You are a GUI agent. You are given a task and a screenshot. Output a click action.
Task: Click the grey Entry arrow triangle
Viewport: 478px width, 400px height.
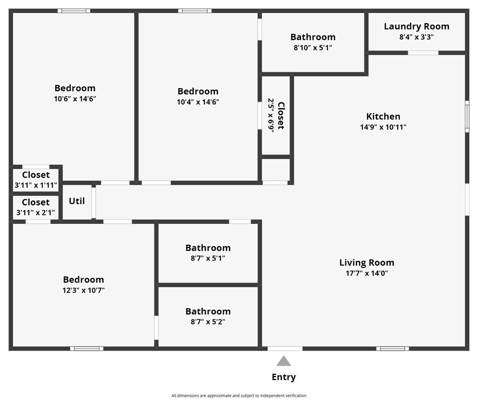283,361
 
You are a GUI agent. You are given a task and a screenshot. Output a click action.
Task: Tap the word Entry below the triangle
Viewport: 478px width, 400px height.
284,377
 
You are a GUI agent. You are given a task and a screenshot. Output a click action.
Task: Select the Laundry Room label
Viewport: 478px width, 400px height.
416,27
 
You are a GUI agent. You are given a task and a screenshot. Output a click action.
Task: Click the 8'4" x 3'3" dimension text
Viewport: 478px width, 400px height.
416,37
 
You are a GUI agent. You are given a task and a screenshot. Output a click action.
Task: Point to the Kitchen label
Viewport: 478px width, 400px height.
383,116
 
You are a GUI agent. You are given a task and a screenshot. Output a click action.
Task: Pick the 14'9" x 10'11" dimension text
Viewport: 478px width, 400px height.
383,127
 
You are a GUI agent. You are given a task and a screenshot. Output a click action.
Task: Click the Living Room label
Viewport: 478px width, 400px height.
367,262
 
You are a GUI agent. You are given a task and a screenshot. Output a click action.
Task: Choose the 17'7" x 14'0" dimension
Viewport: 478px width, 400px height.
367,273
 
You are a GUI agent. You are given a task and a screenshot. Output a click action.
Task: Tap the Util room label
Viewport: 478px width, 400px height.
77,201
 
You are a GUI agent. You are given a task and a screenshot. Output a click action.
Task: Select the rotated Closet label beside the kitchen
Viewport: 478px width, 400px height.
281,116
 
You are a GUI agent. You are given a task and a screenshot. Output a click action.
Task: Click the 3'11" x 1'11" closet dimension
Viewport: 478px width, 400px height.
36,185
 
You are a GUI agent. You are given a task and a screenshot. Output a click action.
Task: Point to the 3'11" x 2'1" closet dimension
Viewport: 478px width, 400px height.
35,213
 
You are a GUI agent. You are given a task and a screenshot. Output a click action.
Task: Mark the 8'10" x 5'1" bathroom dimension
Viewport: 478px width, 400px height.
313,48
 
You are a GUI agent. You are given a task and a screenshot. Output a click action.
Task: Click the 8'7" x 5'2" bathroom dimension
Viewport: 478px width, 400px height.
208,322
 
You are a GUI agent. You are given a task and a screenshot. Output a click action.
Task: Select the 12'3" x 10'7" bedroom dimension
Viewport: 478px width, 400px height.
84,290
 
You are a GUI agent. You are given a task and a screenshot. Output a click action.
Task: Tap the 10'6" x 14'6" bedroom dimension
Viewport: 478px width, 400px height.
75,99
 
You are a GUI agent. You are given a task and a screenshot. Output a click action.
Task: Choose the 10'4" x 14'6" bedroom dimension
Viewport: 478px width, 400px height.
198,102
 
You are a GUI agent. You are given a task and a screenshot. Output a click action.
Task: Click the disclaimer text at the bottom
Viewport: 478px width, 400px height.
239,396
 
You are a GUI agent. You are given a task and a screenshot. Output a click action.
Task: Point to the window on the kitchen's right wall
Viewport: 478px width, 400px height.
467,117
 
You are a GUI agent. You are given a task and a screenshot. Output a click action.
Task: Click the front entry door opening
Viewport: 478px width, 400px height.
285,349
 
